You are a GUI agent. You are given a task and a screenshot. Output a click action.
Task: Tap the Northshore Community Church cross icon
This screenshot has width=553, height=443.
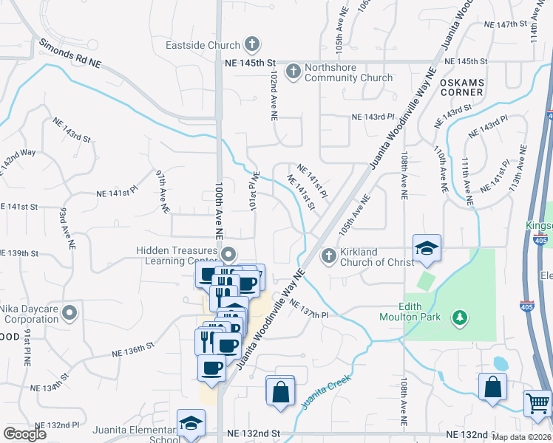[293, 72]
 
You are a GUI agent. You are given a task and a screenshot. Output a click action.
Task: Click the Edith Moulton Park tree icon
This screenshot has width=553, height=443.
[461, 317]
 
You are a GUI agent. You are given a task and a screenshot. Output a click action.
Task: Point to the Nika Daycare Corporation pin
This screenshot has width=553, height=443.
[69, 313]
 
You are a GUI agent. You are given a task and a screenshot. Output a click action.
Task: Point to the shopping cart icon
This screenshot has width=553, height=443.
[537, 403]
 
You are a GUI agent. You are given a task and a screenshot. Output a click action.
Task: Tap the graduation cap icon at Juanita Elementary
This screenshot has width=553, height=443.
[191, 425]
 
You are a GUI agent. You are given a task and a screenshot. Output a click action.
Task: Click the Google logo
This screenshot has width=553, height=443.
[25, 433]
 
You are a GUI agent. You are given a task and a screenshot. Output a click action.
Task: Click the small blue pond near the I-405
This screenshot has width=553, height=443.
[500, 363]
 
